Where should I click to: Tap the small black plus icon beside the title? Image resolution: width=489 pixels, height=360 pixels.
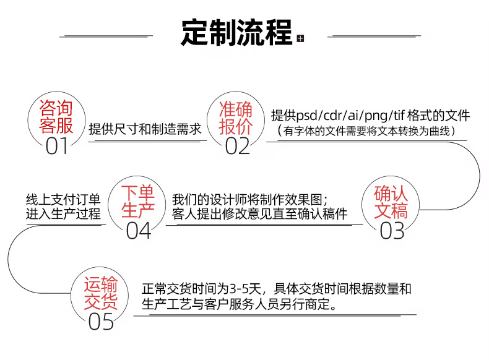tap(301, 40)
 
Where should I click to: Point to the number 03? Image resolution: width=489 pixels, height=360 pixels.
tap(391, 231)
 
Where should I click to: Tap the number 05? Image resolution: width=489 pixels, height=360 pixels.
tap(102, 322)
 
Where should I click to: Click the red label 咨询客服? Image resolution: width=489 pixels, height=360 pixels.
tap(56, 118)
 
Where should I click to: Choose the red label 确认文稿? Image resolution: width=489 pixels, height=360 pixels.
tap(391, 202)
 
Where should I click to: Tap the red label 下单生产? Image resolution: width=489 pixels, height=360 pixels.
tap(137, 201)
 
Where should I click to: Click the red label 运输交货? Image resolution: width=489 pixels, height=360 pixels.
tap(101, 293)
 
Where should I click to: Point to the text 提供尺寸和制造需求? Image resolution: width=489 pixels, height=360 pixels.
tap(145, 130)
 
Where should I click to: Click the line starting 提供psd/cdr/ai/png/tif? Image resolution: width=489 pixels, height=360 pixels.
tap(370, 116)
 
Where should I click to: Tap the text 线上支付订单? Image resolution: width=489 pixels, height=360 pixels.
tap(63, 200)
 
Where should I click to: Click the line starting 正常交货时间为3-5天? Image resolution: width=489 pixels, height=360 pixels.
tap(276, 289)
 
